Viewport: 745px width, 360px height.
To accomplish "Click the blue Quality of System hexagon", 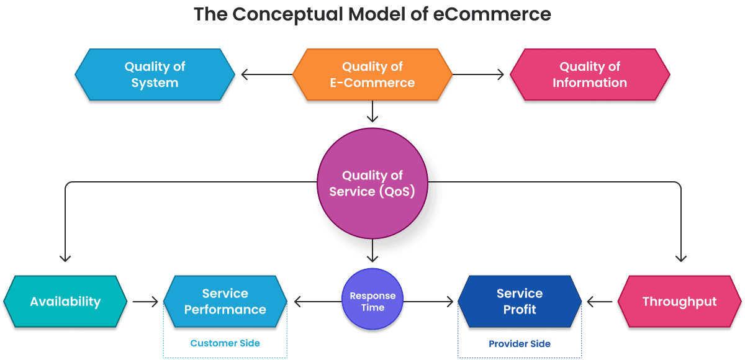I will coord(155,74).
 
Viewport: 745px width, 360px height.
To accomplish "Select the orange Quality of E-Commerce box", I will coord(372,74).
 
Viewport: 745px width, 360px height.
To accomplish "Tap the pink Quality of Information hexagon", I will coord(589,74).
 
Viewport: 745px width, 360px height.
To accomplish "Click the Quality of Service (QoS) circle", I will coord(372,184).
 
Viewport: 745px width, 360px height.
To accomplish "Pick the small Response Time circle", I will coord(372,301).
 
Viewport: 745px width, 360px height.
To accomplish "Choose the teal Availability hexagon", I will coord(65,302).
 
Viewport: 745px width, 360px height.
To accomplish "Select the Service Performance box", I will coord(225,302).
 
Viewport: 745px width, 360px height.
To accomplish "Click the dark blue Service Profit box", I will coord(520,302).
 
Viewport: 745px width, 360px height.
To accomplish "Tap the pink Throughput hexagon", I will coord(679,302).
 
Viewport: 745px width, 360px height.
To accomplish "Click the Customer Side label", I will coord(225,343).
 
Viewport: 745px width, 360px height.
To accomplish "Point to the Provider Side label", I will coord(520,343).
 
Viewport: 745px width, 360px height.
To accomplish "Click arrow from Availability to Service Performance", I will coord(146,302).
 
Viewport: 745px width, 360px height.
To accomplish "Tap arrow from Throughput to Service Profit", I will coord(600,302).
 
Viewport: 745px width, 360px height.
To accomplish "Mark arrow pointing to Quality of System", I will coord(264,75).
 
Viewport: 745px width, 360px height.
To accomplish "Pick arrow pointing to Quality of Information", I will coord(481,75).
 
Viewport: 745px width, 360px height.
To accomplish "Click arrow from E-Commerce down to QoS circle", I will coord(372,112).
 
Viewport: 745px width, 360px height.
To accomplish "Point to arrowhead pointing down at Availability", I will coord(65,257).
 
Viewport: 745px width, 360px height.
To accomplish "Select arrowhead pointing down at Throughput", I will coord(680,257).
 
